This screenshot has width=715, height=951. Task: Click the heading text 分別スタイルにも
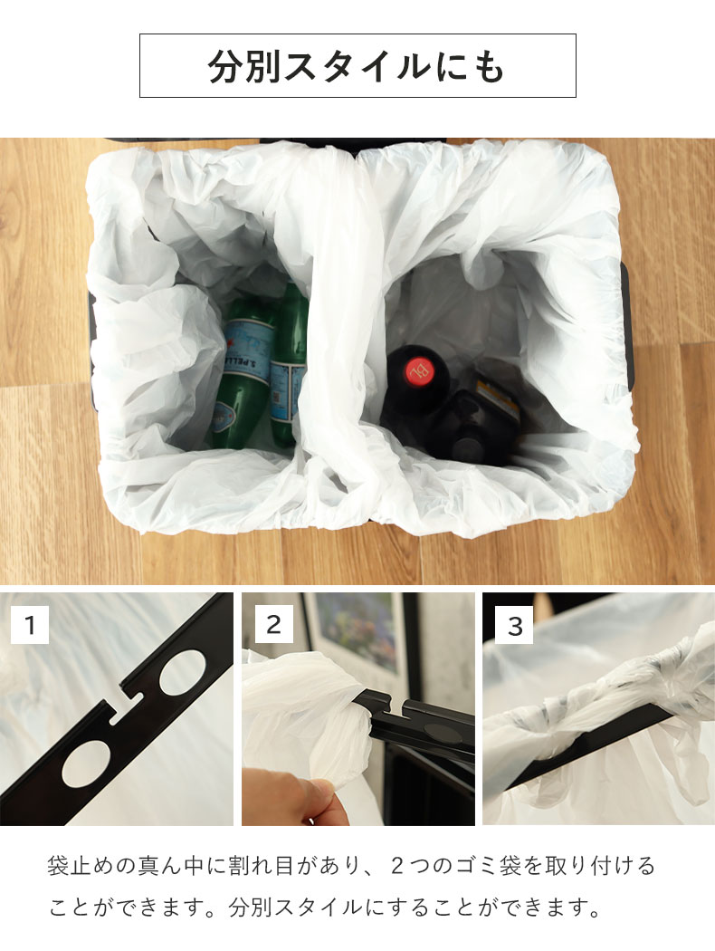[357, 65]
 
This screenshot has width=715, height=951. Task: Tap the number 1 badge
[30, 624]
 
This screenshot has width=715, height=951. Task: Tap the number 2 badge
[273, 624]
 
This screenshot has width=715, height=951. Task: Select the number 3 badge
[514, 625]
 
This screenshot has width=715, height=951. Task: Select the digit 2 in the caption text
[397, 866]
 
